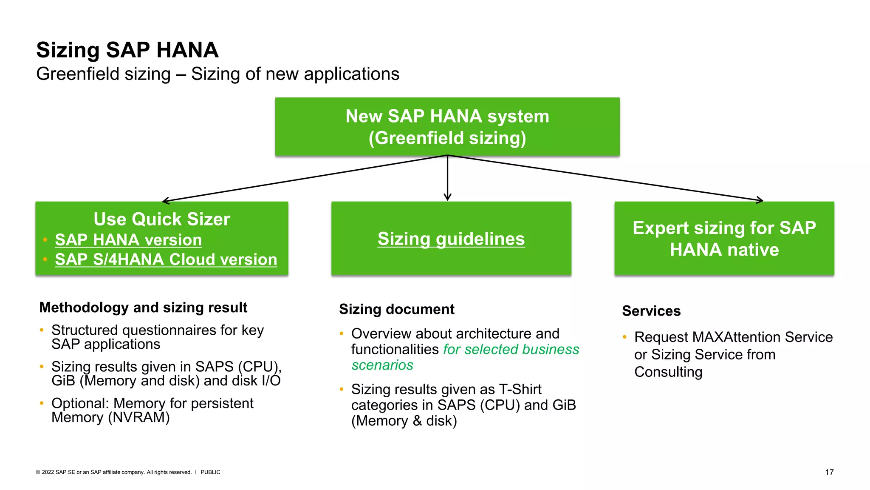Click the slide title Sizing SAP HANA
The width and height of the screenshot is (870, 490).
(127, 50)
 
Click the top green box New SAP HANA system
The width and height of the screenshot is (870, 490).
(447, 127)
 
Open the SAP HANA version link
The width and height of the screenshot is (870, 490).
(128, 240)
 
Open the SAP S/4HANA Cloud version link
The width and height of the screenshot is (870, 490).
(166, 259)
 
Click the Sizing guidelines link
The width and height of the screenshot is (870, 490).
(451, 239)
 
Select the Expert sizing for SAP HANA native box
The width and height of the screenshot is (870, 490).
(724, 239)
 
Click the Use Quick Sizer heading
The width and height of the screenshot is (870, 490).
(161, 219)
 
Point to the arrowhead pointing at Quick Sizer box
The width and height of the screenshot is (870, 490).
(165, 201)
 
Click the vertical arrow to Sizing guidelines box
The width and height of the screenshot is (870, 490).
(447, 179)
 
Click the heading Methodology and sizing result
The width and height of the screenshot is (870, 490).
(143, 308)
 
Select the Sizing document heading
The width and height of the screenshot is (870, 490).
(396, 309)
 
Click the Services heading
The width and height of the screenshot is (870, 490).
(651, 311)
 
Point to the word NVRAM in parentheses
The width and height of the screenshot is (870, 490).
(138, 418)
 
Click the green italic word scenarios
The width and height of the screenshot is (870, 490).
(382, 365)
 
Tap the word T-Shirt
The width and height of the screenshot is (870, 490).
(520, 389)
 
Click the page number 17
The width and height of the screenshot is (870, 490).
(829, 472)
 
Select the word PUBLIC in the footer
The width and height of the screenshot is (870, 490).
(210, 472)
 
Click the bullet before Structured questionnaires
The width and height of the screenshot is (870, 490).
(42, 330)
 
